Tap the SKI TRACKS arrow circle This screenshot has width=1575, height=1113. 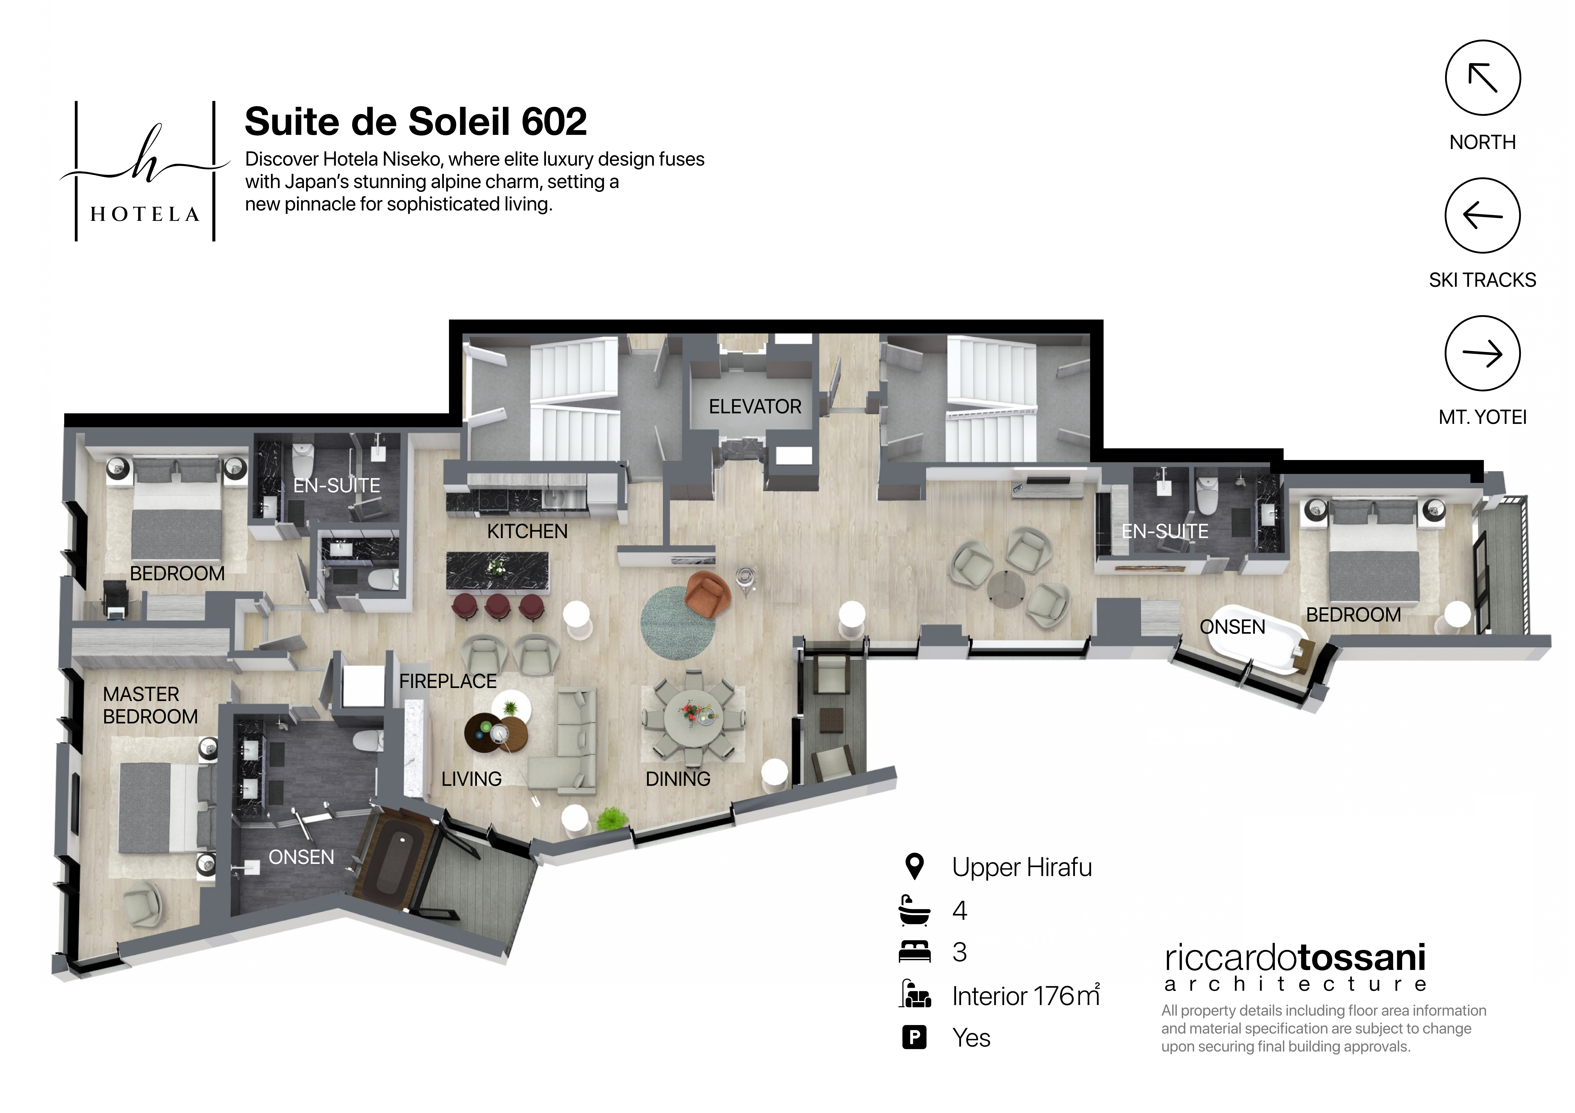coord(1482,215)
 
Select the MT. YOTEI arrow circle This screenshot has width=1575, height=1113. coord(1482,353)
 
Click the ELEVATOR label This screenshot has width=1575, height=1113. coord(755,407)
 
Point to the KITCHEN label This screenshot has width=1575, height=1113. coord(527,531)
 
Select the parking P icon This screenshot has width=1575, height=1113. coord(914,1038)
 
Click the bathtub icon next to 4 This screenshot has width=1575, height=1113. coord(914,911)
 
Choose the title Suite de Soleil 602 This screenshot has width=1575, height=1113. coord(416,122)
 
